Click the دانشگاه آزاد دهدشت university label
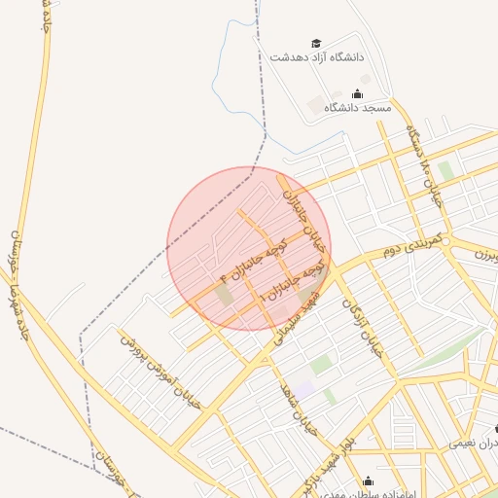315,57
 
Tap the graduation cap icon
315,44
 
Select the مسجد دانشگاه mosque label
357,108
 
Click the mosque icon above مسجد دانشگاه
357,94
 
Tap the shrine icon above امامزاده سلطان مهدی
369,480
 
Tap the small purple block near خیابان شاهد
305,388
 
